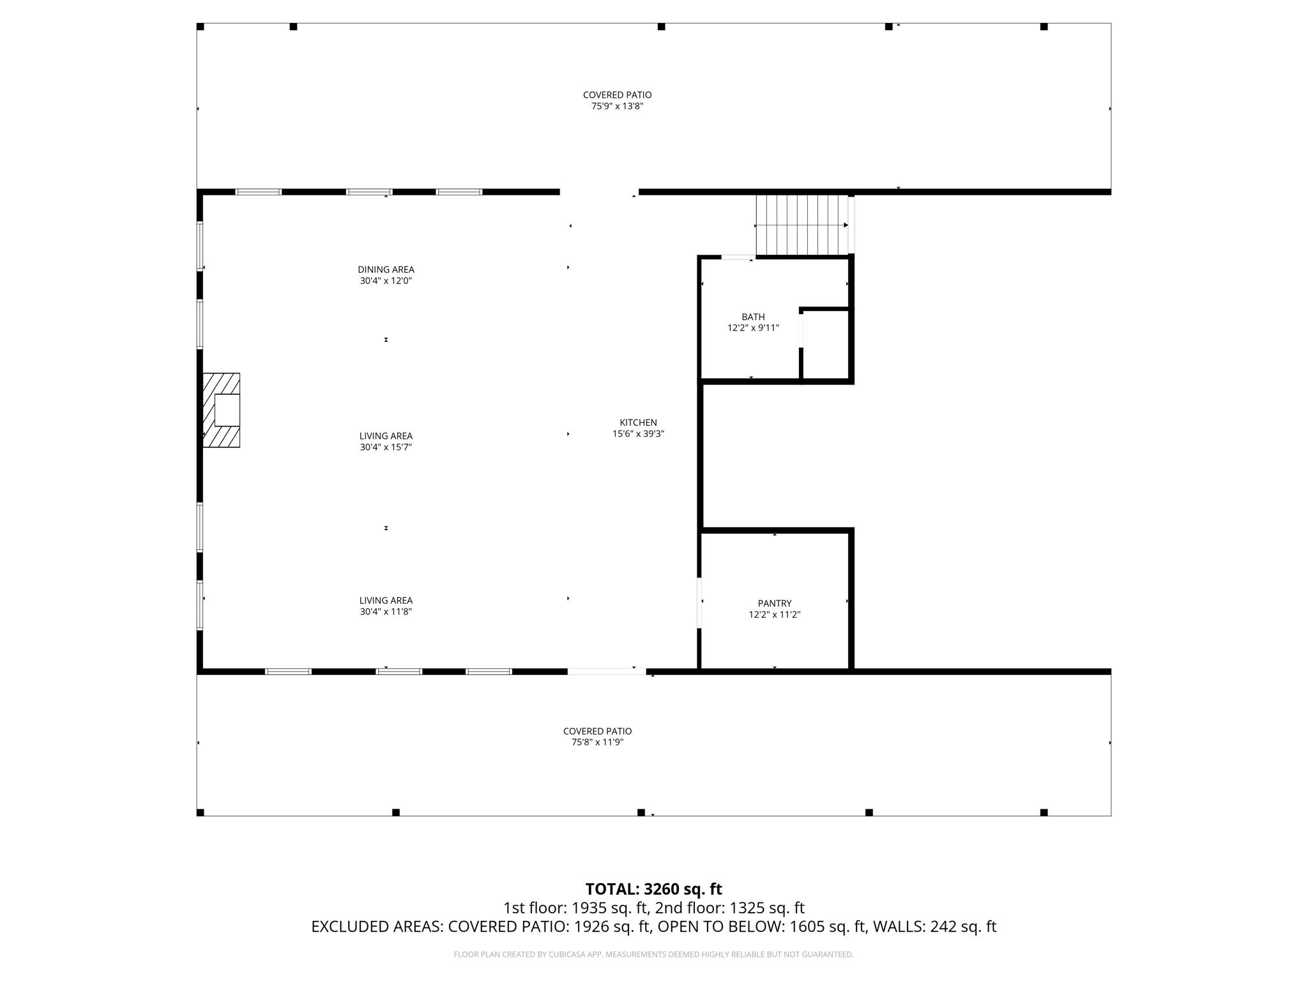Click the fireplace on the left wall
222,410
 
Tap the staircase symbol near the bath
802,225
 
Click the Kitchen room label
638,422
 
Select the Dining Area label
386,270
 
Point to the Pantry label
774,603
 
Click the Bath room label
753,317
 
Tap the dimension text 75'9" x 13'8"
617,107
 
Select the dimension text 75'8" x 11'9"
597,742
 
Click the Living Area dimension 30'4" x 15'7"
386,447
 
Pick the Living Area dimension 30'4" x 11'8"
386,611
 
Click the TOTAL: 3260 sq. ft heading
653,889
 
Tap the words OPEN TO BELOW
721,927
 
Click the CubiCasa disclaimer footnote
653,954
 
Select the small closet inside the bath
825,345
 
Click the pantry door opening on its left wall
699,603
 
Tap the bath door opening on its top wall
738,257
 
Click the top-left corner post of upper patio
200,27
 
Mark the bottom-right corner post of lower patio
1044,812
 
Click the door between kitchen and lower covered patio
606,671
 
